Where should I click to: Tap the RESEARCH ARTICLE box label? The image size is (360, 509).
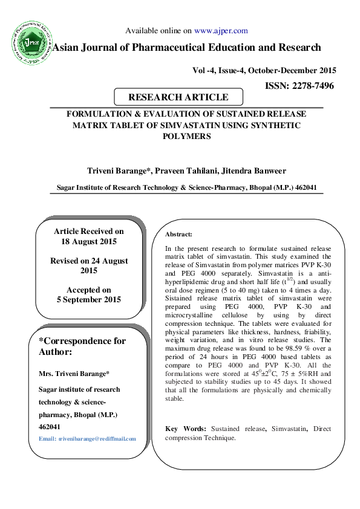click(x=178, y=97)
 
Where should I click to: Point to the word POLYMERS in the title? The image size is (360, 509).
click(x=187, y=136)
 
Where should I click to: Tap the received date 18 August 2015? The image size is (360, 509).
click(x=88, y=242)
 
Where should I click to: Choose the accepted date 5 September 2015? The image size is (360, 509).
click(x=88, y=300)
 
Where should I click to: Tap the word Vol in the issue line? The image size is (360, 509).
click(x=199, y=70)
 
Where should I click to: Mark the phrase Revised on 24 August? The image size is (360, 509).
click(x=89, y=261)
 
